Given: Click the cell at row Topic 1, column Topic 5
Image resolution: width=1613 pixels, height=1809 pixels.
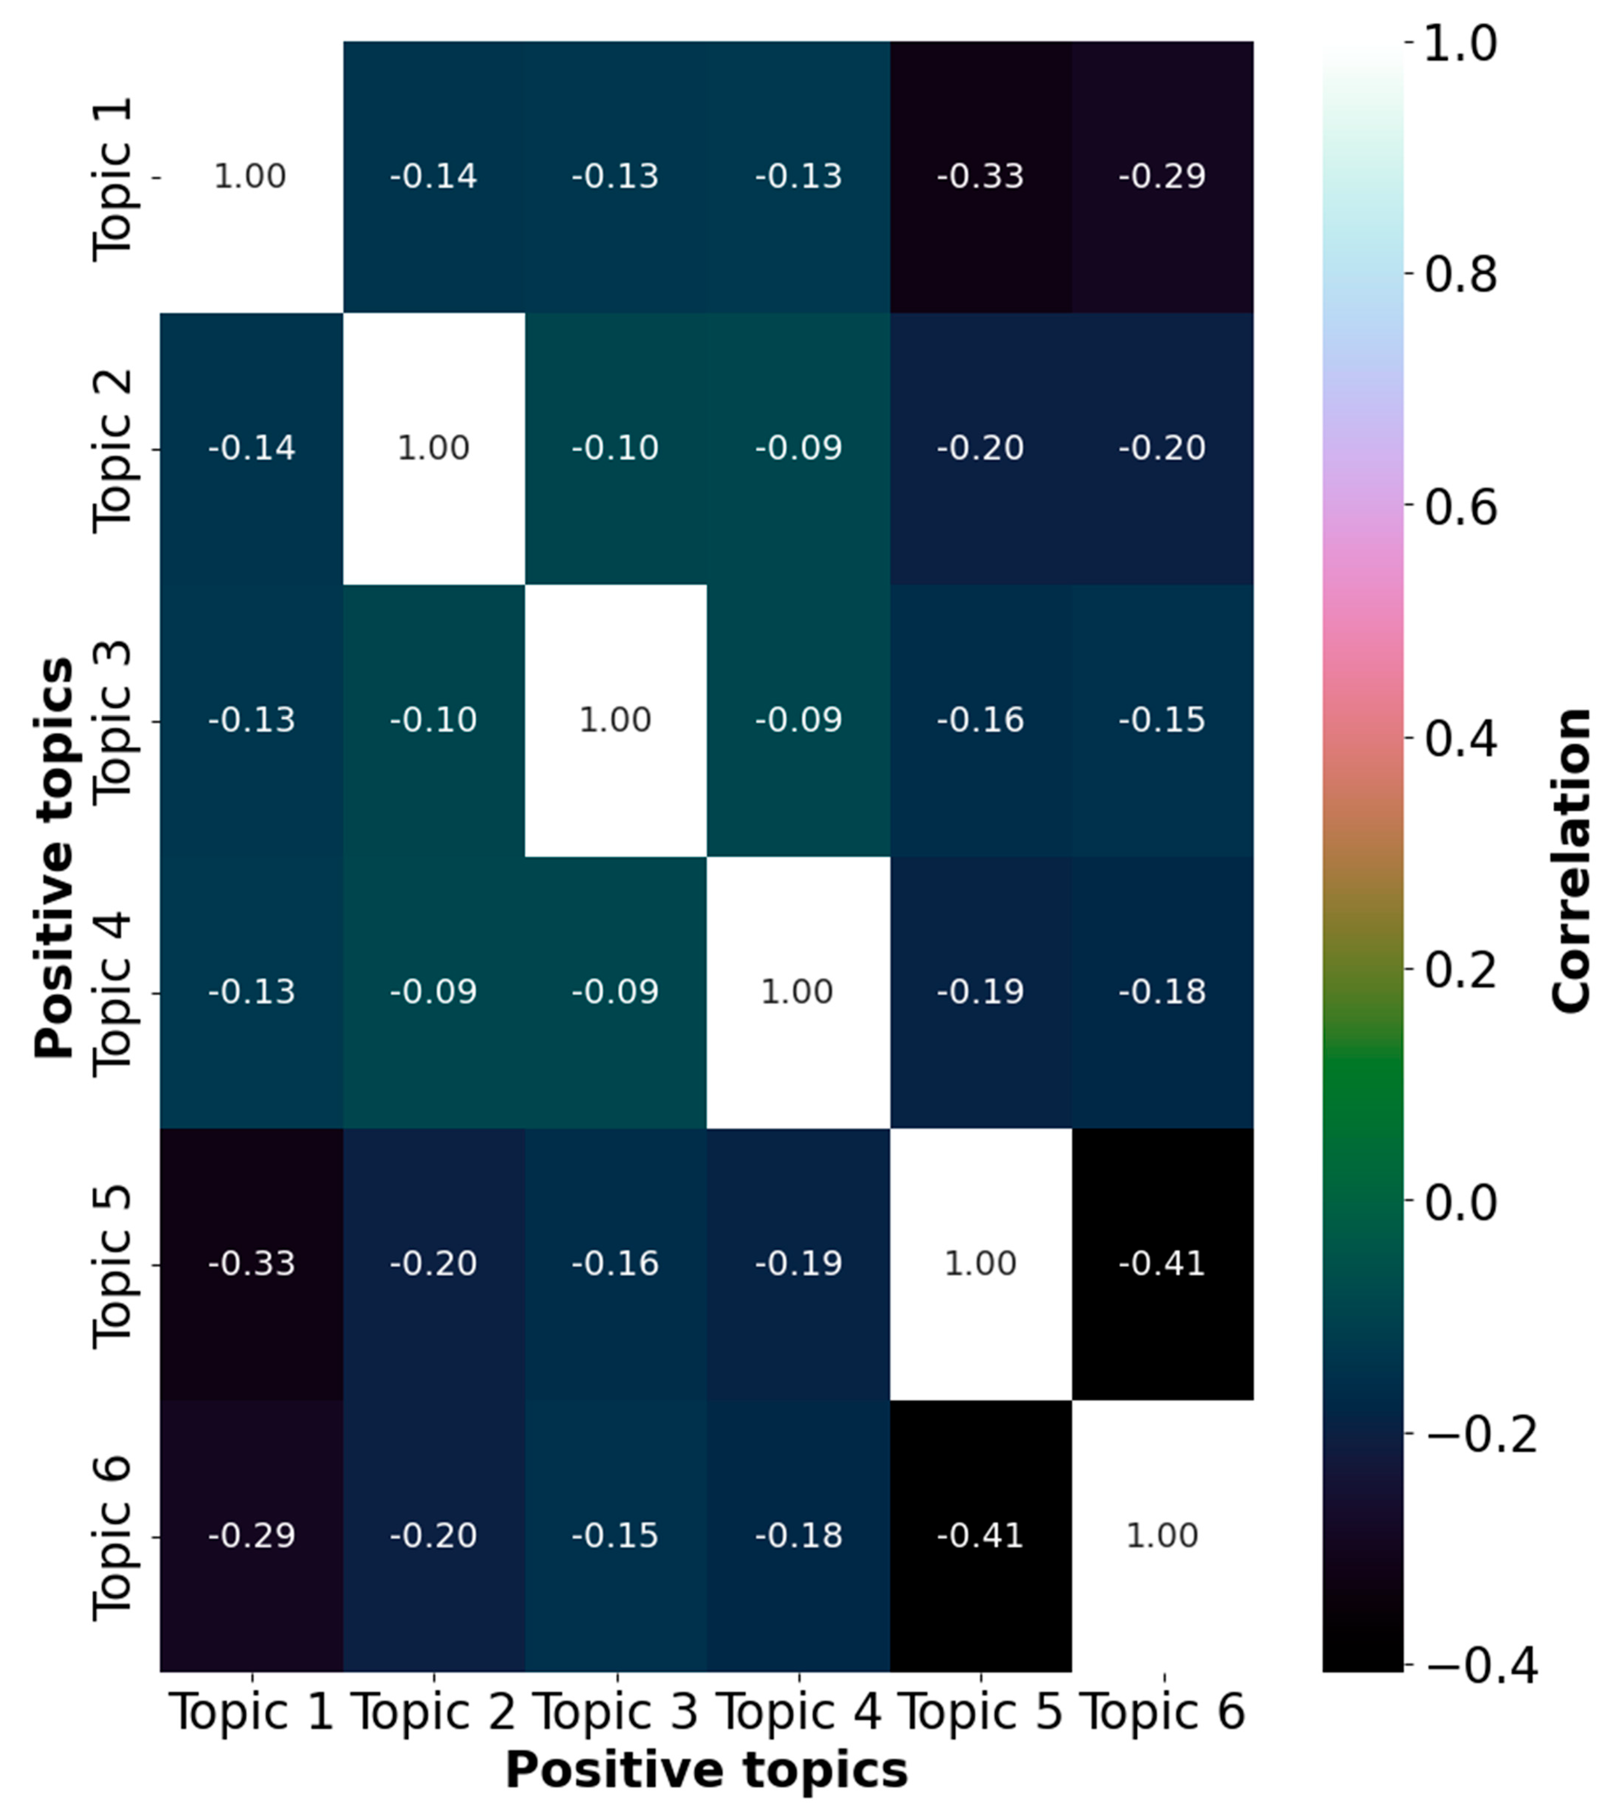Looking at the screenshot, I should point(980,177).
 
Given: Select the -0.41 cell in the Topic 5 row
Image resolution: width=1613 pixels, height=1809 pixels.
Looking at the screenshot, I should point(1162,1263).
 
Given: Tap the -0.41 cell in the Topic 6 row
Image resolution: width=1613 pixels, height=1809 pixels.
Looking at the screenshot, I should point(980,1535).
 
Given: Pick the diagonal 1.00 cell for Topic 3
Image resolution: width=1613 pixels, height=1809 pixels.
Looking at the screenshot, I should point(615,720).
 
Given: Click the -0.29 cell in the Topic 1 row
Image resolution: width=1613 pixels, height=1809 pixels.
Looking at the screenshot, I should point(1162,177).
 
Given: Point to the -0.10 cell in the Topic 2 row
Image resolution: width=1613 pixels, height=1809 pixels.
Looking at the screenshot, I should point(615,448).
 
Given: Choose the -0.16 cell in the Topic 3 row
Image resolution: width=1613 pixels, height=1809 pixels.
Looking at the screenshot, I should point(980,720).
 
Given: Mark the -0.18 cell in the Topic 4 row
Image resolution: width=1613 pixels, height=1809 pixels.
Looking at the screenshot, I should point(1162,991).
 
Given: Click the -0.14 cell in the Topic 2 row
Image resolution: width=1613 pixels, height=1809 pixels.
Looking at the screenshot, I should point(252,448).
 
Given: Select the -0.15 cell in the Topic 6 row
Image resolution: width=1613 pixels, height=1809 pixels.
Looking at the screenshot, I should point(615,1535).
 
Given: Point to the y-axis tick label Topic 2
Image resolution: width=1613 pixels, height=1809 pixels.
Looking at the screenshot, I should point(112,450).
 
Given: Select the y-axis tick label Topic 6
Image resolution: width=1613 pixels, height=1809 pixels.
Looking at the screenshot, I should point(112,1538).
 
